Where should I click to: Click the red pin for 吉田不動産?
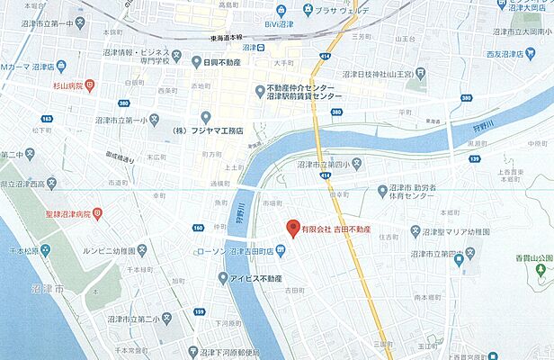(290, 228)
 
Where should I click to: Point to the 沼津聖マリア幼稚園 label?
(452, 231)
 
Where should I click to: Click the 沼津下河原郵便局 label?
(230, 353)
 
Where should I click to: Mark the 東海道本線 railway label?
(215, 38)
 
